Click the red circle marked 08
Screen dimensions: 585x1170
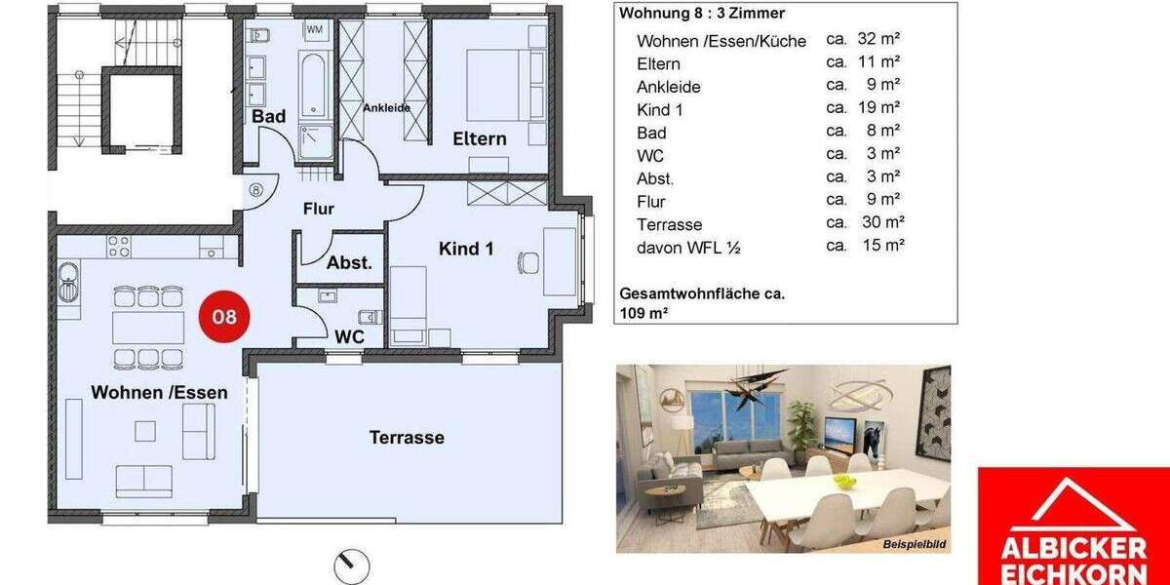224,317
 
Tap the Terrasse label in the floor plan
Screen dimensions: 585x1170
407,438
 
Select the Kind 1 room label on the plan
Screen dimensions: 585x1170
466,249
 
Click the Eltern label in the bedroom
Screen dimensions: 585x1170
480,138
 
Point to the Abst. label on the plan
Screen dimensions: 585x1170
349,262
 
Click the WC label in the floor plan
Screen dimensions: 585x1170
349,337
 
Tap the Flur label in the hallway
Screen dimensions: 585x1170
319,209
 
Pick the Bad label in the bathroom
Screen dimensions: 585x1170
269,117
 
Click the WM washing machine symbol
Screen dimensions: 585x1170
316,29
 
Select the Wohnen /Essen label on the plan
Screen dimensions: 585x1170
160,393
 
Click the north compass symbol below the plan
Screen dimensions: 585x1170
352,565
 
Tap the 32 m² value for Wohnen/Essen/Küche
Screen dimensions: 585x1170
877,40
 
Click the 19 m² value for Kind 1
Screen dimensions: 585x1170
877,108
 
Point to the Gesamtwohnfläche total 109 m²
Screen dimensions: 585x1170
702,303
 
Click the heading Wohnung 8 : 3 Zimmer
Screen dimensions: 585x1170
702,14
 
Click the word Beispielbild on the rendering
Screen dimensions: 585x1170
915,544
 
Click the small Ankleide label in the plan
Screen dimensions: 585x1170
387,108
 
